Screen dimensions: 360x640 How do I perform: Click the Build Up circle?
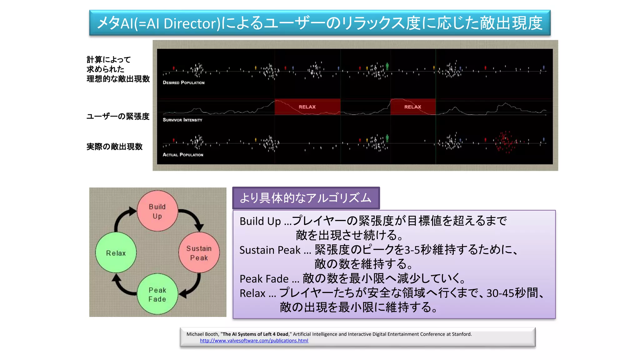point(157,211)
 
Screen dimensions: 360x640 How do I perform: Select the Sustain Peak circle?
point(199,253)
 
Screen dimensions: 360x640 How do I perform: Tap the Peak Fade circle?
point(157,294)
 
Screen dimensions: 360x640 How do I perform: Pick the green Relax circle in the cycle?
point(116,253)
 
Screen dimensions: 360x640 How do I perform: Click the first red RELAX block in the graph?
point(307,107)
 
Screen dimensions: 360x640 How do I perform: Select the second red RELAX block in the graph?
point(412,107)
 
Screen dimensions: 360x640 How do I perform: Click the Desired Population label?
point(183,83)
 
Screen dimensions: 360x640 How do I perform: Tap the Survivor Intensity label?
point(182,120)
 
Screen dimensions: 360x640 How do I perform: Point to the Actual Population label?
point(183,155)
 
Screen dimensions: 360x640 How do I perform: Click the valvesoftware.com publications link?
point(254,341)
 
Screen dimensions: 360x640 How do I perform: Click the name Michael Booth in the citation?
point(202,334)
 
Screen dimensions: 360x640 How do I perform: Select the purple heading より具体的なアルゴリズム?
point(306,198)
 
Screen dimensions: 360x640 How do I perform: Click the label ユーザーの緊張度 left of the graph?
point(118,117)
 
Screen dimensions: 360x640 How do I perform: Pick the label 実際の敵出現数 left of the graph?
point(114,147)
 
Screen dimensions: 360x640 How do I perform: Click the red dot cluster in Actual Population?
point(505,142)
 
